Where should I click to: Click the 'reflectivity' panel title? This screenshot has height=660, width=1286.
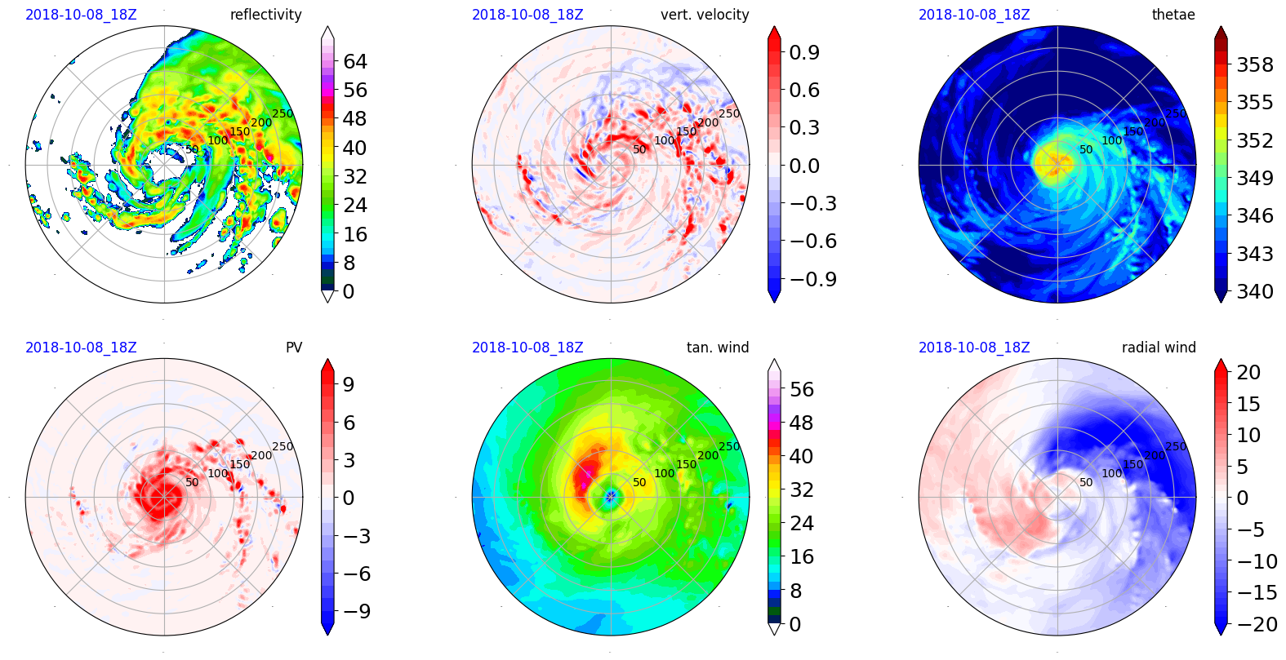265,15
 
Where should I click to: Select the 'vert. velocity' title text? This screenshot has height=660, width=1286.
705,15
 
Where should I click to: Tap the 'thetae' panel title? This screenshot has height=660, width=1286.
1173,15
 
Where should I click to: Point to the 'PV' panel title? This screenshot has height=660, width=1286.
294,348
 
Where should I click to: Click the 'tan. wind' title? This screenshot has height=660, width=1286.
718,348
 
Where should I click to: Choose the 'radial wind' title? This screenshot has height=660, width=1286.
1159,348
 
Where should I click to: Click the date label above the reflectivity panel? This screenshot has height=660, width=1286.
81,15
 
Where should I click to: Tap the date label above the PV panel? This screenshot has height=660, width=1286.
81,348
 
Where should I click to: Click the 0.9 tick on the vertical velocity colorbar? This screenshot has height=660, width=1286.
804,52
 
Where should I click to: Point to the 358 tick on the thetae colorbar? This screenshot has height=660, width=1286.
1255,64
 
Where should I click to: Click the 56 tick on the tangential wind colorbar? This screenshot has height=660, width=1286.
802,389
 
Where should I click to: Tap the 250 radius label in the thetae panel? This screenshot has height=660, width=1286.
1176,113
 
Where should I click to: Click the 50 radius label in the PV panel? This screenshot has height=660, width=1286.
192,482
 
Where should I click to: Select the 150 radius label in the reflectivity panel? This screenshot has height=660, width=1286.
240,131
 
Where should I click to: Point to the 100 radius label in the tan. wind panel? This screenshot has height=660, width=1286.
665,473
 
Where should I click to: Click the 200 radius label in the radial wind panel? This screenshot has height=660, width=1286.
1155,455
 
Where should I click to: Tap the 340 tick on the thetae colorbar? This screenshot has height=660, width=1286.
1255,291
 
